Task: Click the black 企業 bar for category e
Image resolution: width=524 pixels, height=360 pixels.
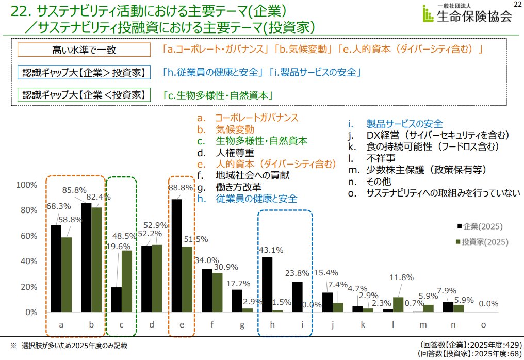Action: [176, 255]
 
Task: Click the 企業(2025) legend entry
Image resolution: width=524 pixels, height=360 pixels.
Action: [479, 226]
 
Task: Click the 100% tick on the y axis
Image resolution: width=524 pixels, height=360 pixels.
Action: [27, 185]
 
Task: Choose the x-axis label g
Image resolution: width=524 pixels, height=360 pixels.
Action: [242, 325]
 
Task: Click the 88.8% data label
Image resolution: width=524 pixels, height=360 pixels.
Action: [181, 188]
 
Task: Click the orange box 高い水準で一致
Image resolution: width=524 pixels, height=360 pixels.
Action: [84, 50]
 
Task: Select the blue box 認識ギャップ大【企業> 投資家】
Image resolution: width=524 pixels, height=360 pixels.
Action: [84, 72]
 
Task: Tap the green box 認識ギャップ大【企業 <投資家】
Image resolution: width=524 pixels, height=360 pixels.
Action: [84, 95]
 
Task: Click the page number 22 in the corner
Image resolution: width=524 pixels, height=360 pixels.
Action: [517, 5]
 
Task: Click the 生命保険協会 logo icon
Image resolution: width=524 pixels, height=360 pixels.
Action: [427, 14]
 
